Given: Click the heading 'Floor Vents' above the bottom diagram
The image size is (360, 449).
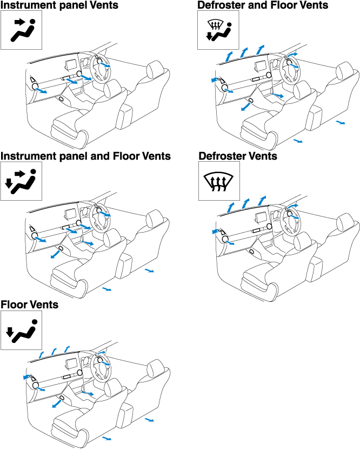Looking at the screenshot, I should [x=30, y=305].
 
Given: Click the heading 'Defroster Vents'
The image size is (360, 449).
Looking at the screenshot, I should [x=238, y=156].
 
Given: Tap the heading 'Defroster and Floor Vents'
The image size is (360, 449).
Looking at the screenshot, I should [x=263, y=5].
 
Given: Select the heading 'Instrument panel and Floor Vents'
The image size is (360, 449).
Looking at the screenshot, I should [x=86, y=156].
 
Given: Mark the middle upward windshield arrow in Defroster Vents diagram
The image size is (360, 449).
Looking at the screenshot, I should [x=246, y=203].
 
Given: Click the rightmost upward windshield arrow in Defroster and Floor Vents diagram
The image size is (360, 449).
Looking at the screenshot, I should [x=261, y=50].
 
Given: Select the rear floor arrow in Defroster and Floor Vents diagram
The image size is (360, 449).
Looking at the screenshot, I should [x=340, y=123].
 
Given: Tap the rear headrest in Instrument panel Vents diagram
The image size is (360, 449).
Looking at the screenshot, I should [x=154, y=69].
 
